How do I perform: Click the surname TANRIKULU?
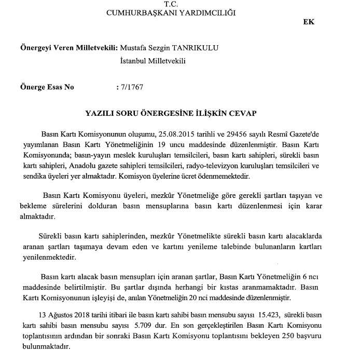[194, 48]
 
